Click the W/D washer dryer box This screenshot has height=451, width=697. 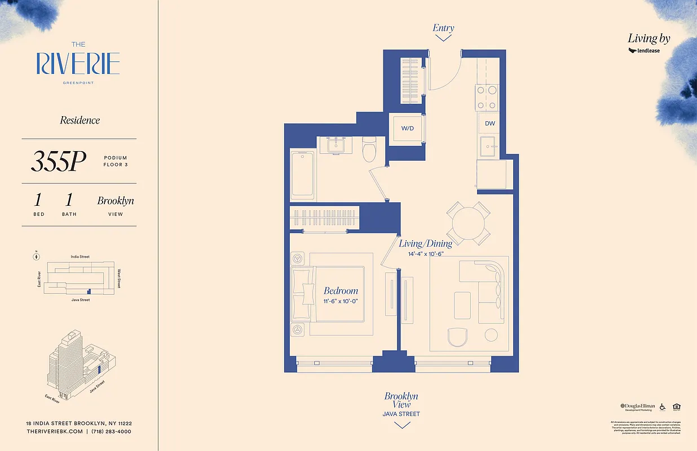(407, 129)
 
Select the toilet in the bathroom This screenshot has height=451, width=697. (369, 149)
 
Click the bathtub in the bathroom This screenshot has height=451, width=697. (303, 174)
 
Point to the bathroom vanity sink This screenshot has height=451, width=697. (338, 145)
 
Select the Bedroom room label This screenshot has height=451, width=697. (341, 291)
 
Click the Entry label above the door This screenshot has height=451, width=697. (443, 28)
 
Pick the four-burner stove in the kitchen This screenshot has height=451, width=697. (487, 96)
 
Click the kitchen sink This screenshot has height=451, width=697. (487, 146)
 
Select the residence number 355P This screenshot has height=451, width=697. (58, 162)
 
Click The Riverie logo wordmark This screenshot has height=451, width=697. (78, 64)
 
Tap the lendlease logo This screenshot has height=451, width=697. (644, 51)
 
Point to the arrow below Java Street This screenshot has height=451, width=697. (402, 426)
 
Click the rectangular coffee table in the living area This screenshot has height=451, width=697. (462, 305)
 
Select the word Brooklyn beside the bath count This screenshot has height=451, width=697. (116, 201)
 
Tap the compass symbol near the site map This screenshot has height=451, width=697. (36, 257)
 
